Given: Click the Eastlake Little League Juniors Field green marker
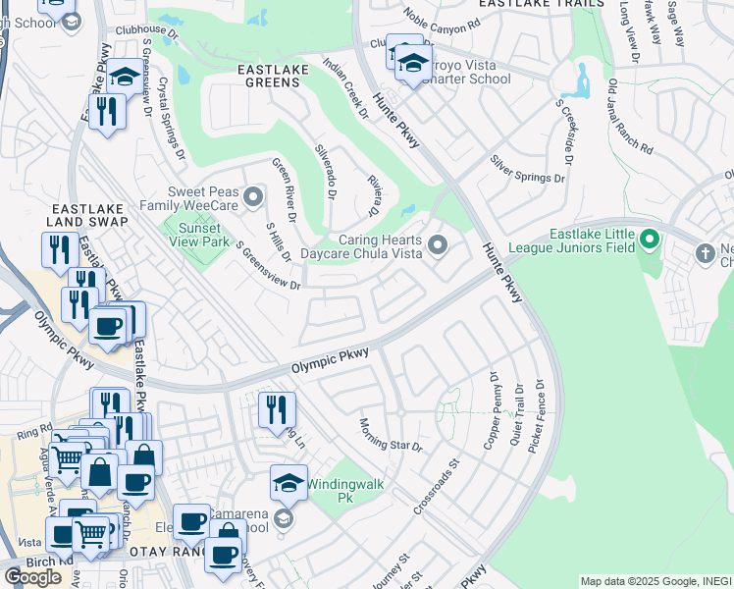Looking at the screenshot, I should [649, 240].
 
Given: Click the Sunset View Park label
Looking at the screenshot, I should [198, 234].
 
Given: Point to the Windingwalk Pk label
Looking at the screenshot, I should [344, 491].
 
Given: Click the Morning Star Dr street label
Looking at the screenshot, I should [390, 433].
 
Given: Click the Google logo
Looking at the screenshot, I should [32, 576].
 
